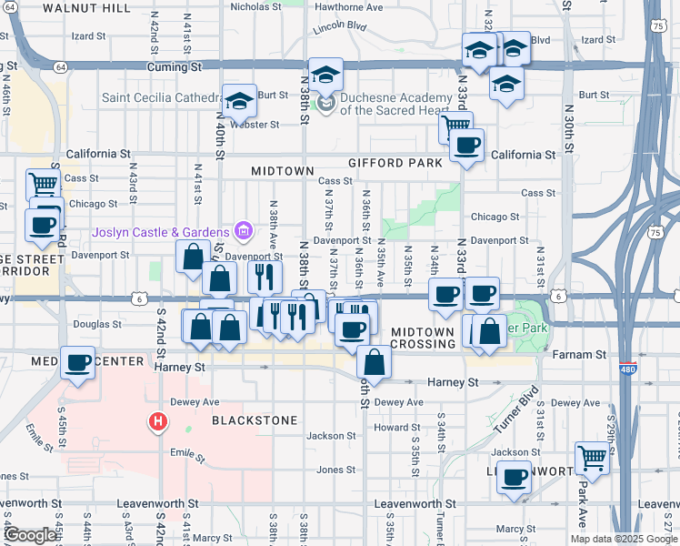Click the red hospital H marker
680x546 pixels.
tap(158, 421)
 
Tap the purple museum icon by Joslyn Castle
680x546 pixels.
tap(242, 232)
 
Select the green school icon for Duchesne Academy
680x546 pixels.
tap(326, 105)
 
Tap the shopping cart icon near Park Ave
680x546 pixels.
tap(592, 457)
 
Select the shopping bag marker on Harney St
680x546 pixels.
tap(374, 361)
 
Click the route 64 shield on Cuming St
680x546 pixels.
tap(59, 66)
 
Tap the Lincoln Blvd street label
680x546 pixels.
tap(338, 27)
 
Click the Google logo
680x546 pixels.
tap(30, 535)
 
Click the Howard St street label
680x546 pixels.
tap(396, 427)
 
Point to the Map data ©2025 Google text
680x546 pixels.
tap(624, 539)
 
